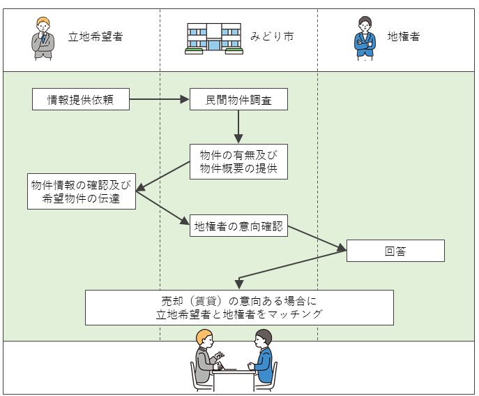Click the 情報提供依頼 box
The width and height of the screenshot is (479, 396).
coord(81,99)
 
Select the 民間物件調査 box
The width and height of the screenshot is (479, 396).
coord(238,99)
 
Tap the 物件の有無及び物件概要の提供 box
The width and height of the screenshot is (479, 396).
coord(238,161)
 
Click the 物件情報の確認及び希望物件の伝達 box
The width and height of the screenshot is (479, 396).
coord(81,191)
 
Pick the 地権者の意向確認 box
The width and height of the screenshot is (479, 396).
coord(238,225)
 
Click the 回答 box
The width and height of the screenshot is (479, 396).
coord(395,251)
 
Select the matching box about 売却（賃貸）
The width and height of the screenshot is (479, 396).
coord(239,307)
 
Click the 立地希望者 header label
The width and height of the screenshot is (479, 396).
coord(96,36)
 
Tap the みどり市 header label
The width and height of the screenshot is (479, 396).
coord(272,36)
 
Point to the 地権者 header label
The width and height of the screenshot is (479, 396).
coord(404,36)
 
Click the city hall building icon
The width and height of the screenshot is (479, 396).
coord(213,38)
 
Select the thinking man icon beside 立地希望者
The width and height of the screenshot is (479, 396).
coord(43,38)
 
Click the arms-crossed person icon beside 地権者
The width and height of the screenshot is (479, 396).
coord(364,38)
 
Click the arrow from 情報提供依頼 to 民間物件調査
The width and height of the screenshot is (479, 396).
coord(160,99)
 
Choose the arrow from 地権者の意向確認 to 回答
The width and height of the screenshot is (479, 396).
coord(317,238)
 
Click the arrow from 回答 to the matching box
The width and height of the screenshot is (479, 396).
coord(293,266)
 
